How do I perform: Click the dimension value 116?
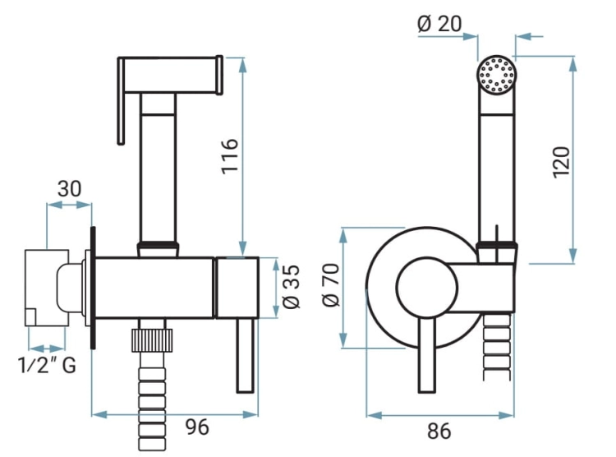click(230, 155)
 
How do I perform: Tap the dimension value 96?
click(197, 427)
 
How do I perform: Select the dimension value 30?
click(70, 189)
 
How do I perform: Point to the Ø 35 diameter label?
click(291, 286)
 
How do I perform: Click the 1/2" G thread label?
click(47, 365)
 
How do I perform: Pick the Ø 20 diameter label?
click(439, 24)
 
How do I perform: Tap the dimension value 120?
click(561, 162)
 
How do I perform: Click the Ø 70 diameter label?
click(330, 285)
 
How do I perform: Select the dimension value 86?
click(439, 431)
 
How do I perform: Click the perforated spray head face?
click(497, 75)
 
